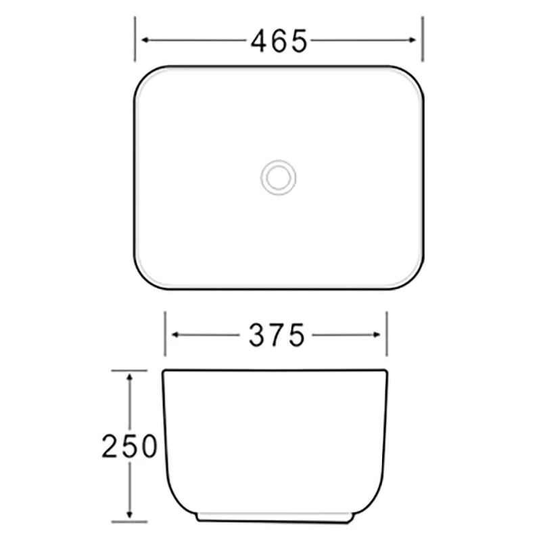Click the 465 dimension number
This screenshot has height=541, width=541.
[279, 41]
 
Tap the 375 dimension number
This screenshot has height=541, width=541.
[277, 335]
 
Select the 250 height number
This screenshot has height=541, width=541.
[129, 446]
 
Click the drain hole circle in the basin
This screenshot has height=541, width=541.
[278, 177]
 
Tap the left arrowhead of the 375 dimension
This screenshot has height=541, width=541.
[175, 334]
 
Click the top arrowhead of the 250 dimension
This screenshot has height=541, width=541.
[130, 377]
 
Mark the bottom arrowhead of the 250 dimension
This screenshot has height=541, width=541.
[130, 515]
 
